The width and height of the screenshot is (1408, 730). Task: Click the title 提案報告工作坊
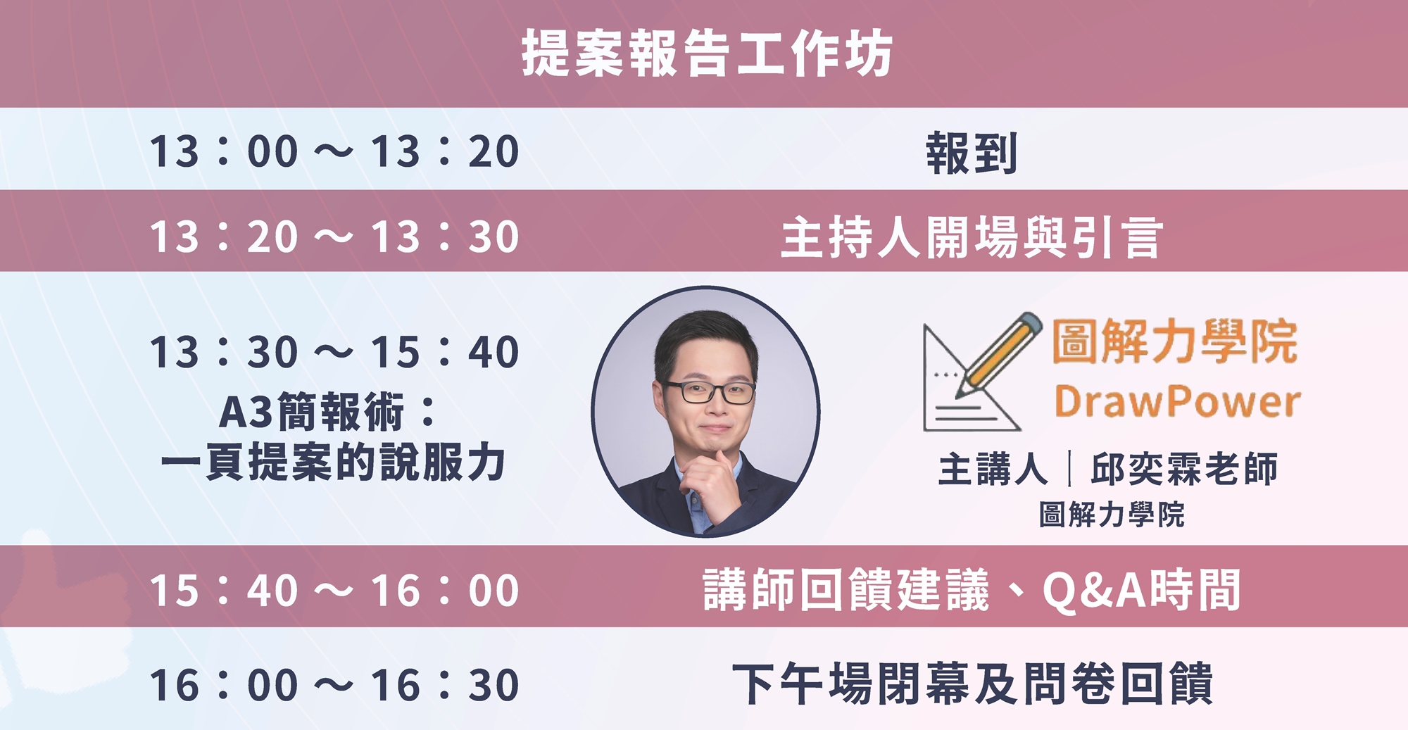(x=707, y=54)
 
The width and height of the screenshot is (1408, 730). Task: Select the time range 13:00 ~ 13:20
(x=334, y=151)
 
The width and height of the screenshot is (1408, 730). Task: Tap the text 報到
(x=971, y=153)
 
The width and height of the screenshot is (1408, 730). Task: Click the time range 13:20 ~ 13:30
(x=334, y=236)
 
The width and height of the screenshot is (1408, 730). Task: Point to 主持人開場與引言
(x=971, y=237)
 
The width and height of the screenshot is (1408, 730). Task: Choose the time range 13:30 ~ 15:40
(x=334, y=351)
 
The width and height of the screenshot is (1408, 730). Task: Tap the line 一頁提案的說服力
(x=333, y=462)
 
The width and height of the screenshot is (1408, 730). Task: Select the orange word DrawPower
(x=1177, y=402)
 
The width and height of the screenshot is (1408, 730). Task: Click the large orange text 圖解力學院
(x=1175, y=341)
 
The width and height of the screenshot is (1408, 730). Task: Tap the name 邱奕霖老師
(x=1184, y=469)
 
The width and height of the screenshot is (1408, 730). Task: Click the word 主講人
(x=993, y=469)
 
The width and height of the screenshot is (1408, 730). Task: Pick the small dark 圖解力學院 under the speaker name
(x=1112, y=515)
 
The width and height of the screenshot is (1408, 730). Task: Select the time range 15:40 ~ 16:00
(x=334, y=590)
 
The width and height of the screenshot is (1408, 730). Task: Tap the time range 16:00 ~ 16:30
(x=334, y=685)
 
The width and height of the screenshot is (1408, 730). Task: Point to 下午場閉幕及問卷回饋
(x=972, y=684)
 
